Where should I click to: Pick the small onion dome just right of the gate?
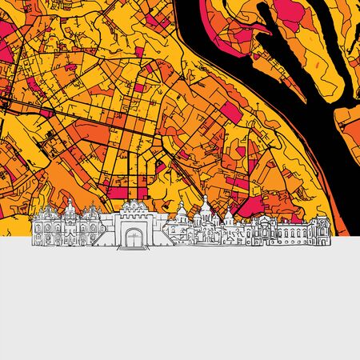[182, 210]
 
